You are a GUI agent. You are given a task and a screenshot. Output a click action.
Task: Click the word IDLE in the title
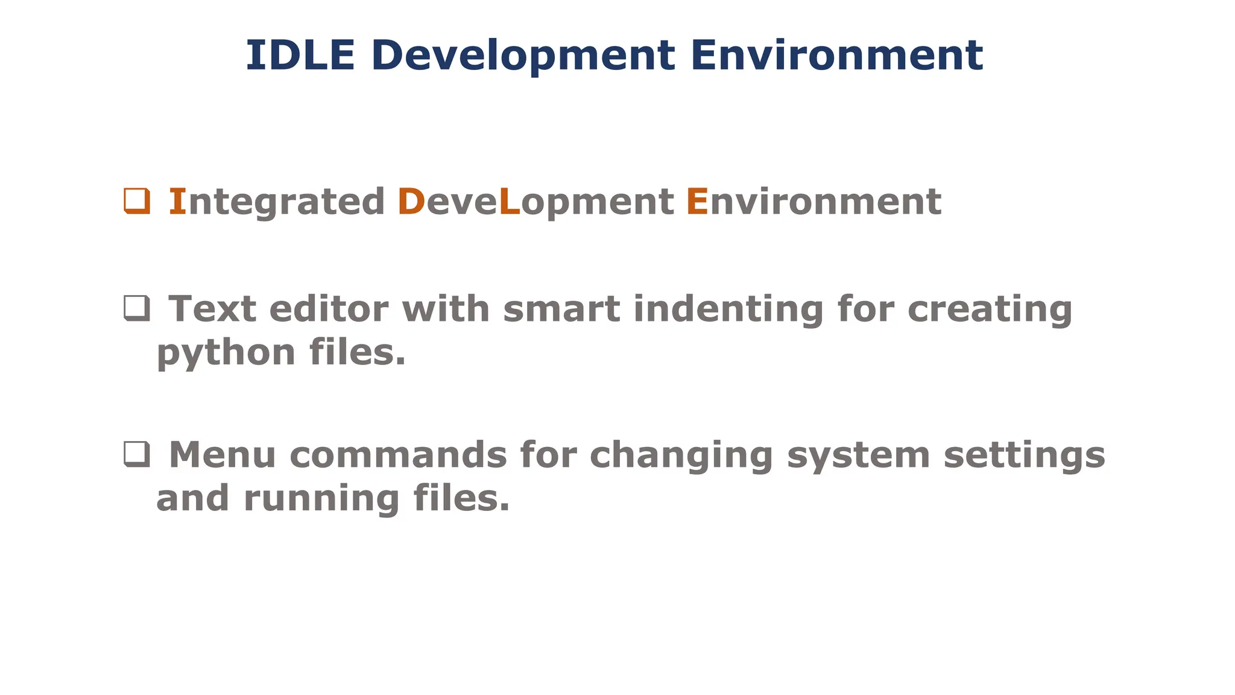300,56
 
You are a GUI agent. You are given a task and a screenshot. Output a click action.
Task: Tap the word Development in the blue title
523,56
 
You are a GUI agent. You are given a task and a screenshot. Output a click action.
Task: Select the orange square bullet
137,201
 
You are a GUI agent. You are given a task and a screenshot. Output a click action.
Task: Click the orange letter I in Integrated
177,202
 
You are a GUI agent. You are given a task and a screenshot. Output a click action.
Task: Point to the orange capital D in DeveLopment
411,202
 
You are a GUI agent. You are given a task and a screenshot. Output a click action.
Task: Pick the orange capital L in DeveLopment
510,202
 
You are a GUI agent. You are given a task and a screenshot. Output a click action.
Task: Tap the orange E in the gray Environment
697,202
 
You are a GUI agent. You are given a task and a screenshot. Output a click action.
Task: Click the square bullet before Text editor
137,308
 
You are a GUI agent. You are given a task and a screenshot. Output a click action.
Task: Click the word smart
561,309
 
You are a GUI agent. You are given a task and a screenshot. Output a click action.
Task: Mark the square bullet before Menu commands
137,454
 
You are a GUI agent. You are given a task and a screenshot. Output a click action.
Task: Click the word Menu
223,454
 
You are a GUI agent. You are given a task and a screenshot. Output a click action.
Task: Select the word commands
399,454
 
